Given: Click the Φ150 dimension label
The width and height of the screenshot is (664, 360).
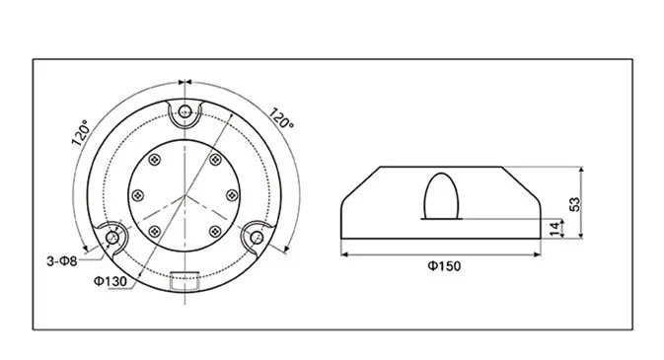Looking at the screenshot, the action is pyautogui.click(x=444, y=266).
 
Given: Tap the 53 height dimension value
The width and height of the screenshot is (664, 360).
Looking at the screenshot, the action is pyautogui.click(x=575, y=204).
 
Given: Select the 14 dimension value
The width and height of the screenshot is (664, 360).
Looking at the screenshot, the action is pyautogui.click(x=554, y=229).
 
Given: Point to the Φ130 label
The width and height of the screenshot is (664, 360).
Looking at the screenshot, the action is pyautogui.click(x=111, y=281).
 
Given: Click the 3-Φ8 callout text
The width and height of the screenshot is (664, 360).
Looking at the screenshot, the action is pyautogui.click(x=62, y=261).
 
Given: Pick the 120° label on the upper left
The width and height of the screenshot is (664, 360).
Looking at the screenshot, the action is pyautogui.click(x=81, y=132).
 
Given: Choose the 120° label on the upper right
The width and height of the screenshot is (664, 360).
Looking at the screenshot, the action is pyautogui.click(x=281, y=118).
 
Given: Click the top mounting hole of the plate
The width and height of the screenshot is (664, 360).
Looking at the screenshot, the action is pyautogui.click(x=184, y=111).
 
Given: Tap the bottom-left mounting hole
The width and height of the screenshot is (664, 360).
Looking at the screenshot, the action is pyautogui.click(x=112, y=238).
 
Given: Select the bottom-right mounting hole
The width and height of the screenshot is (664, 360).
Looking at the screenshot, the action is pyautogui.click(x=257, y=238).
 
